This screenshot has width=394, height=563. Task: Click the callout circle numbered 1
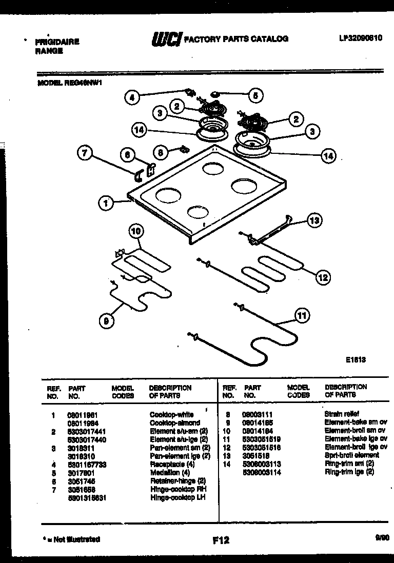click(105, 204)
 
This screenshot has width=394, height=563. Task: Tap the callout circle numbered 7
click(86, 152)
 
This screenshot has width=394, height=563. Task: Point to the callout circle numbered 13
click(314, 220)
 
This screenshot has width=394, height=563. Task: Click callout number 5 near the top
click(255, 95)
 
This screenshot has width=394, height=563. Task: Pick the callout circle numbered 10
click(135, 231)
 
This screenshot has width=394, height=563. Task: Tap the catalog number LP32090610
click(360, 38)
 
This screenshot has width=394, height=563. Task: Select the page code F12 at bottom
click(221, 540)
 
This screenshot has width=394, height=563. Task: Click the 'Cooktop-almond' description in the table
click(174, 423)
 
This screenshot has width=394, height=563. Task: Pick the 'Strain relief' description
click(342, 414)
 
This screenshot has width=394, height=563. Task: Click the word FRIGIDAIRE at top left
click(56, 42)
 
